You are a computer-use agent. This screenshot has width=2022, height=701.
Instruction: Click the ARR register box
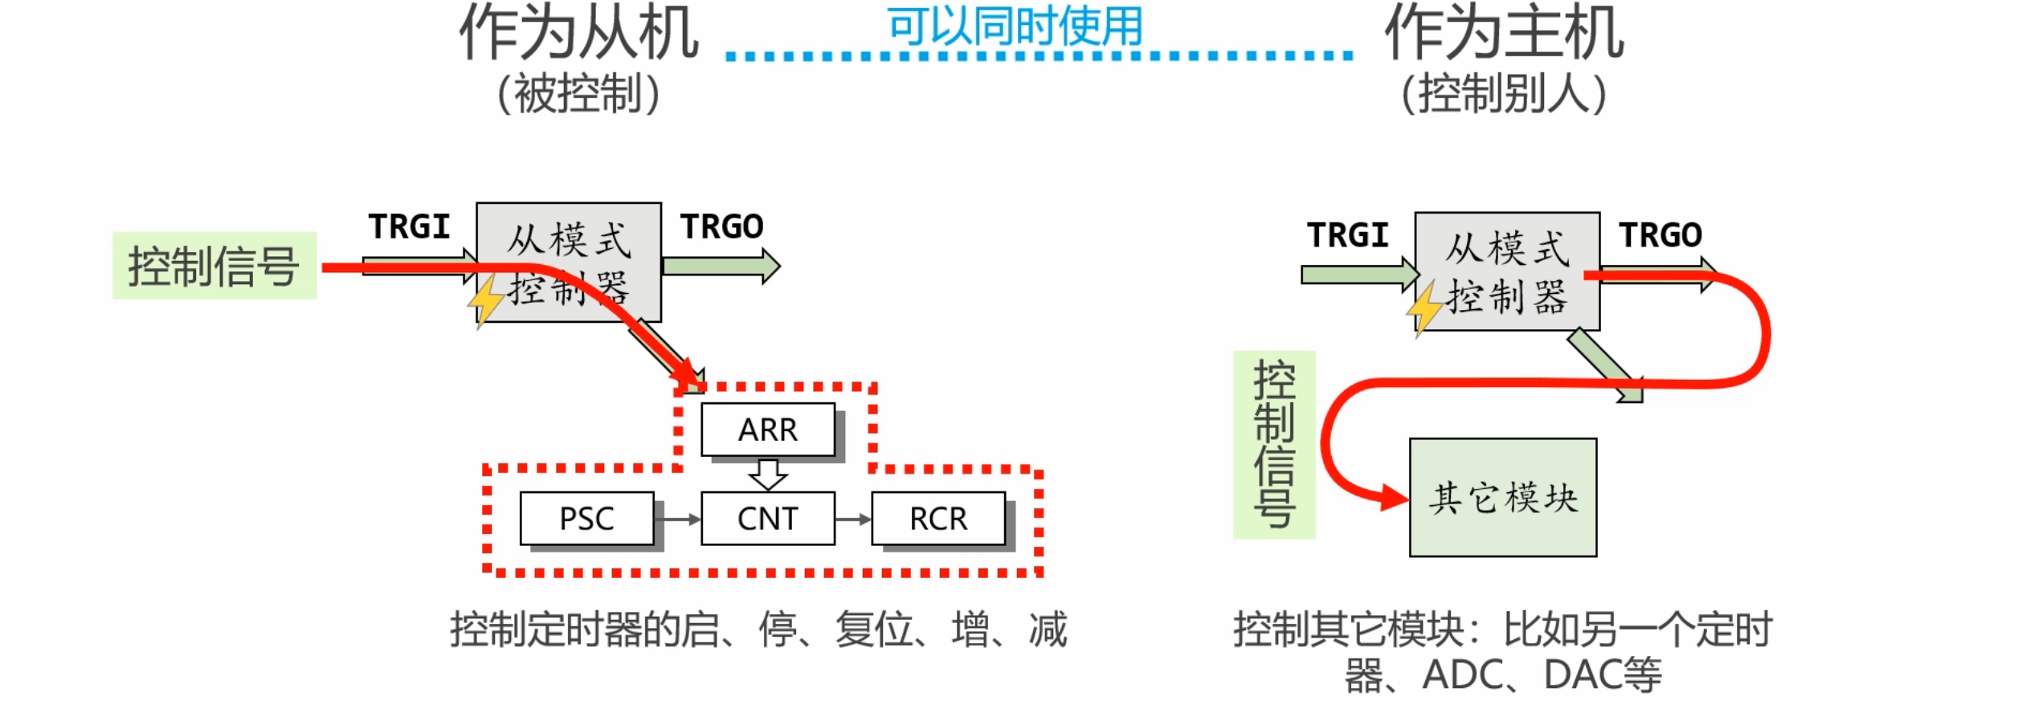[767, 430]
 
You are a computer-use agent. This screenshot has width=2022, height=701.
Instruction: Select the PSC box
[586, 519]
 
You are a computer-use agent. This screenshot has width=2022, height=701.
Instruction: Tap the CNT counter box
[767, 519]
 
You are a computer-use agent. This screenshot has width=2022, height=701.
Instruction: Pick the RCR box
[937, 519]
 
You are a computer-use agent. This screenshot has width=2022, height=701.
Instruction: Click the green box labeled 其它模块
[1502, 497]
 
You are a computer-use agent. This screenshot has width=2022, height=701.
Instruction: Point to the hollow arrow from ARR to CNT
[768, 474]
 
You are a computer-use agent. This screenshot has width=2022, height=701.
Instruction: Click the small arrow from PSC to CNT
[677, 520]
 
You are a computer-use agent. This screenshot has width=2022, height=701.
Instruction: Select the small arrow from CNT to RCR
[853, 520]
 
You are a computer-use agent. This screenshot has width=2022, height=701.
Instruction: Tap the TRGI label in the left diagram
[409, 227]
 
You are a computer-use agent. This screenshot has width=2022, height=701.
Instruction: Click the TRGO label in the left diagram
[721, 227]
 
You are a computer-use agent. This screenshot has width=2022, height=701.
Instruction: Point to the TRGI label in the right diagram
[1347, 235]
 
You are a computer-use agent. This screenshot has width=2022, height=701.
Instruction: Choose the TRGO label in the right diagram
[1660, 235]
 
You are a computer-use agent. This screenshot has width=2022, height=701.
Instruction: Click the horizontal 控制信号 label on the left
[214, 266]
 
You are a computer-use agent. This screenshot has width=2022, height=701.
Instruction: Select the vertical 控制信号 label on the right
[1274, 444]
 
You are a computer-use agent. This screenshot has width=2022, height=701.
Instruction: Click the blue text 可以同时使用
[1015, 26]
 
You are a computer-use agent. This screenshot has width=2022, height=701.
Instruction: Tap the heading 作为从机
[578, 32]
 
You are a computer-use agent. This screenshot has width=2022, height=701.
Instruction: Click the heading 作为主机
[1504, 32]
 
